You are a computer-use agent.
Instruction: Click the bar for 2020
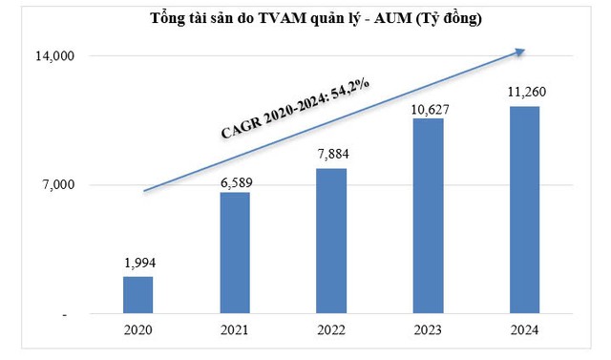pyautogui.click(x=138, y=295)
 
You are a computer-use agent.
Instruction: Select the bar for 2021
pyautogui.click(x=235, y=253)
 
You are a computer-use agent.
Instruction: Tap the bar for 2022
pyautogui.click(x=331, y=241)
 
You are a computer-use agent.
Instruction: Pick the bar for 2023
pyautogui.click(x=428, y=216)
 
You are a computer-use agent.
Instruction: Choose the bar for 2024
pyautogui.click(x=524, y=210)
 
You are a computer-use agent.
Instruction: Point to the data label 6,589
pyautogui.click(x=235, y=181)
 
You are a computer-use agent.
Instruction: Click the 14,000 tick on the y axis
pyautogui.click(x=55, y=57)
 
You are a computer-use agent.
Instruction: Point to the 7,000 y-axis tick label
pyautogui.click(x=58, y=185)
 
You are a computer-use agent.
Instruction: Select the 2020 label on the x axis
pyautogui.click(x=138, y=330)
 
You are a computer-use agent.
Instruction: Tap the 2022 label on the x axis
pyautogui.click(x=331, y=330)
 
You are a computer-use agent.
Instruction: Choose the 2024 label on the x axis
pyautogui.click(x=524, y=330)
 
